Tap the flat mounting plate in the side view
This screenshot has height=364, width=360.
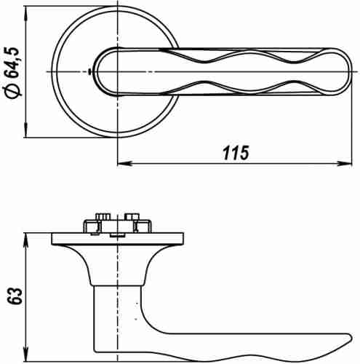[116, 238]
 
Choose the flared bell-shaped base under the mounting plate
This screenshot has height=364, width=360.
[116, 262]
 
